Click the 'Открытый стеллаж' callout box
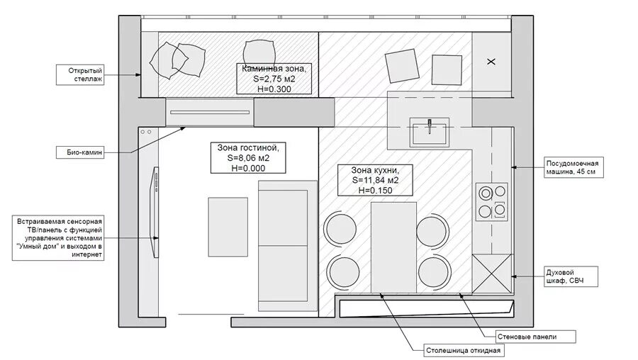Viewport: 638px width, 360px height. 79,75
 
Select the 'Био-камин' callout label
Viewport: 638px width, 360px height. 79,153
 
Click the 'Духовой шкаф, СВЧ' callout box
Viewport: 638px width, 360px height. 571,276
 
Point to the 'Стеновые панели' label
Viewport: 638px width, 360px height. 535,337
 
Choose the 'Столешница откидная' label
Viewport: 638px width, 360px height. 464,351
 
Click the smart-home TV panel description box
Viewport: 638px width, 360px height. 58,238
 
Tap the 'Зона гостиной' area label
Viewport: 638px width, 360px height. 248,158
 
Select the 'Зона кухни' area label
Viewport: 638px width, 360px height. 375,180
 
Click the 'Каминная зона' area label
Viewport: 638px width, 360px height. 274,79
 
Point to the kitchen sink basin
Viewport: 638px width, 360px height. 429,133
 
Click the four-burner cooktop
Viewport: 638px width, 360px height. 491,202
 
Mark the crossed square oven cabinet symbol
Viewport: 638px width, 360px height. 491,274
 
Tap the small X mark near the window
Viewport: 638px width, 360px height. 491,62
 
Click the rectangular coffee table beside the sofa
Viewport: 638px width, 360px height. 228,227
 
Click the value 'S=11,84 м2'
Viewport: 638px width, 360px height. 375,180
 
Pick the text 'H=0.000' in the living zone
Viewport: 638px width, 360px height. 248,169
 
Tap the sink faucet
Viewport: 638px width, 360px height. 430,126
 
